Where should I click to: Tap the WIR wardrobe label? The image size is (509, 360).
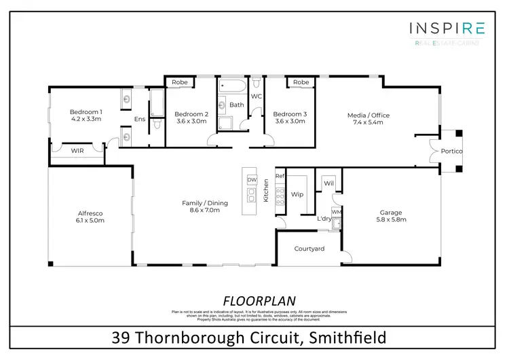tap(78, 151)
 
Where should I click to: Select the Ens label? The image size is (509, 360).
tap(140, 119)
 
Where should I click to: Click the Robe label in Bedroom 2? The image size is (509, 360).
tap(179, 82)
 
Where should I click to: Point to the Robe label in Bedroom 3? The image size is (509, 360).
tap(301, 82)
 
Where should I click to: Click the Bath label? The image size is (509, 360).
tap(236, 105)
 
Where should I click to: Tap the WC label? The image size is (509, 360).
tap(257, 96)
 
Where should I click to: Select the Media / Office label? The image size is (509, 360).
tap(369, 115)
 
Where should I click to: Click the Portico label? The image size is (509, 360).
tap(452, 151)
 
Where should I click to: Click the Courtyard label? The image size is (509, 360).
tap(309, 249)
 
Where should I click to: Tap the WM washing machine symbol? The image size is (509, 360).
tap(337, 212)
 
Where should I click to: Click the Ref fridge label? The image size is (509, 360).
tap(279, 176)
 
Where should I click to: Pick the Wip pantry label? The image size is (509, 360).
tap(297, 194)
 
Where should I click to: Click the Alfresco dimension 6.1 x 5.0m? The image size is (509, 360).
tap(90, 220)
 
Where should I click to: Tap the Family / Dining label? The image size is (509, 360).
tap(204, 203)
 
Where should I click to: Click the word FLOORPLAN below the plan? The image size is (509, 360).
tap(254, 300)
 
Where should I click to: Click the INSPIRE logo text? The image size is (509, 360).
tap(447, 28)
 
